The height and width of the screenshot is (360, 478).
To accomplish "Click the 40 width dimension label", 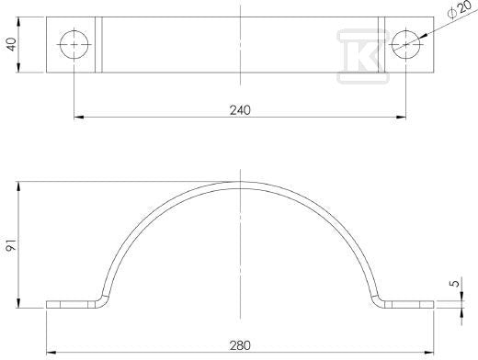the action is [x=12, y=44].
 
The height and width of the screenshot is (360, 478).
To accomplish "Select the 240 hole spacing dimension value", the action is [x=240, y=110].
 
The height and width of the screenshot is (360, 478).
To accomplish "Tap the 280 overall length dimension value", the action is [x=240, y=345].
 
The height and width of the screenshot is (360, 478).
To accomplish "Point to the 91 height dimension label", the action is [x=12, y=245].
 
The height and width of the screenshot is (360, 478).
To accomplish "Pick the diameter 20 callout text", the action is [x=459, y=9].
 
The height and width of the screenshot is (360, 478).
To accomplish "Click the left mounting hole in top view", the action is [x=74, y=45].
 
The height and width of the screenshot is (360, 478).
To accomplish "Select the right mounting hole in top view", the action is [x=406, y=45].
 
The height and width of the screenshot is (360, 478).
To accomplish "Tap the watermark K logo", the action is [x=363, y=56].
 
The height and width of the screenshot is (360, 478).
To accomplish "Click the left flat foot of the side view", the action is [x=72, y=305].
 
